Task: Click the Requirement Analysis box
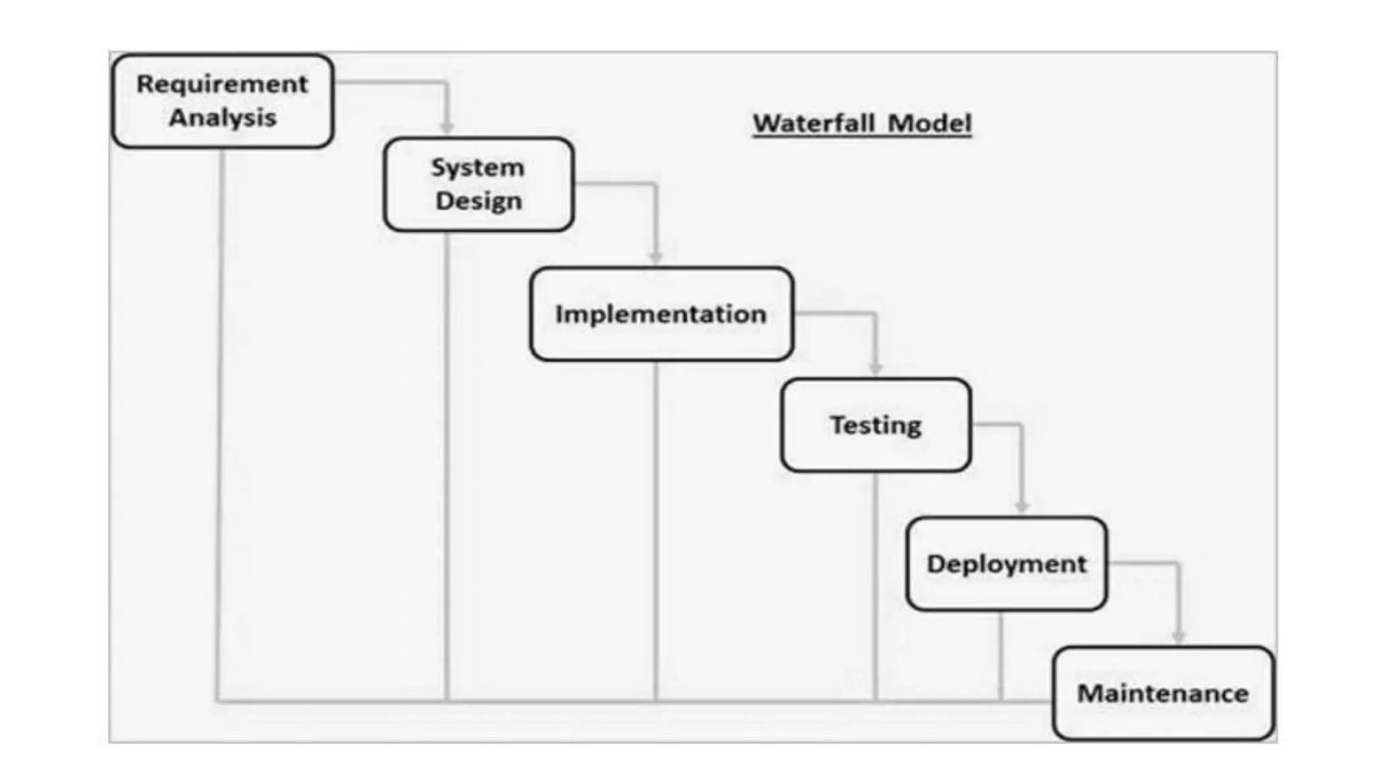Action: [x=223, y=101]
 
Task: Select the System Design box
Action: [x=478, y=184]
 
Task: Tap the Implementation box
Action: [x=661, y=314]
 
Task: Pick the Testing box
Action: [x=875, y=425]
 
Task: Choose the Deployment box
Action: [x=1006, y=564]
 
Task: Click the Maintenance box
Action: [x=1163, y=694]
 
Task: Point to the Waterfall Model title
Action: [x=862, y=123]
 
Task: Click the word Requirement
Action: [x=223, y=84]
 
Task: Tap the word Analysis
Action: [x=223, y=118]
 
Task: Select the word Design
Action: [x=478, y=201]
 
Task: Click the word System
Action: [x=478, y=168]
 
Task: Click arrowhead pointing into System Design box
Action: [x=447, y=128]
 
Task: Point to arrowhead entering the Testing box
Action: [x=875, y=369]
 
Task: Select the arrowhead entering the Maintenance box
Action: [x=1178, y=636]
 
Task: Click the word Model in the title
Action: [x=929, y=123]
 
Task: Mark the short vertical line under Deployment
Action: [x=1001, y=656]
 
